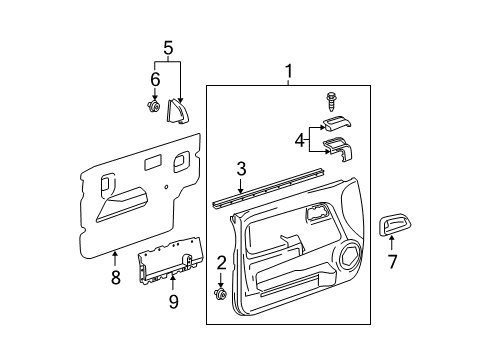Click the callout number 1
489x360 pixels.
pyautogui.click(x=288, y=71)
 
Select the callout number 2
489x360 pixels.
pyautogui.click(x=220, y=263)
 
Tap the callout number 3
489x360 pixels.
pyautogui.click(x=241, y=169)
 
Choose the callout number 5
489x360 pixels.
pyautogui.click(x=168, y=46)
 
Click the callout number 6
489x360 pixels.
pyautogui.click(x=155, y=78)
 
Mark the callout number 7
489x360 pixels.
pyautogui.click(x=392, y=263)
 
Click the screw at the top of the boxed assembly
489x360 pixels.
pyautogui.click(x=330, y=100)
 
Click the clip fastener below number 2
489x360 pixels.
pyautogui.click(x=220, y=296)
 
